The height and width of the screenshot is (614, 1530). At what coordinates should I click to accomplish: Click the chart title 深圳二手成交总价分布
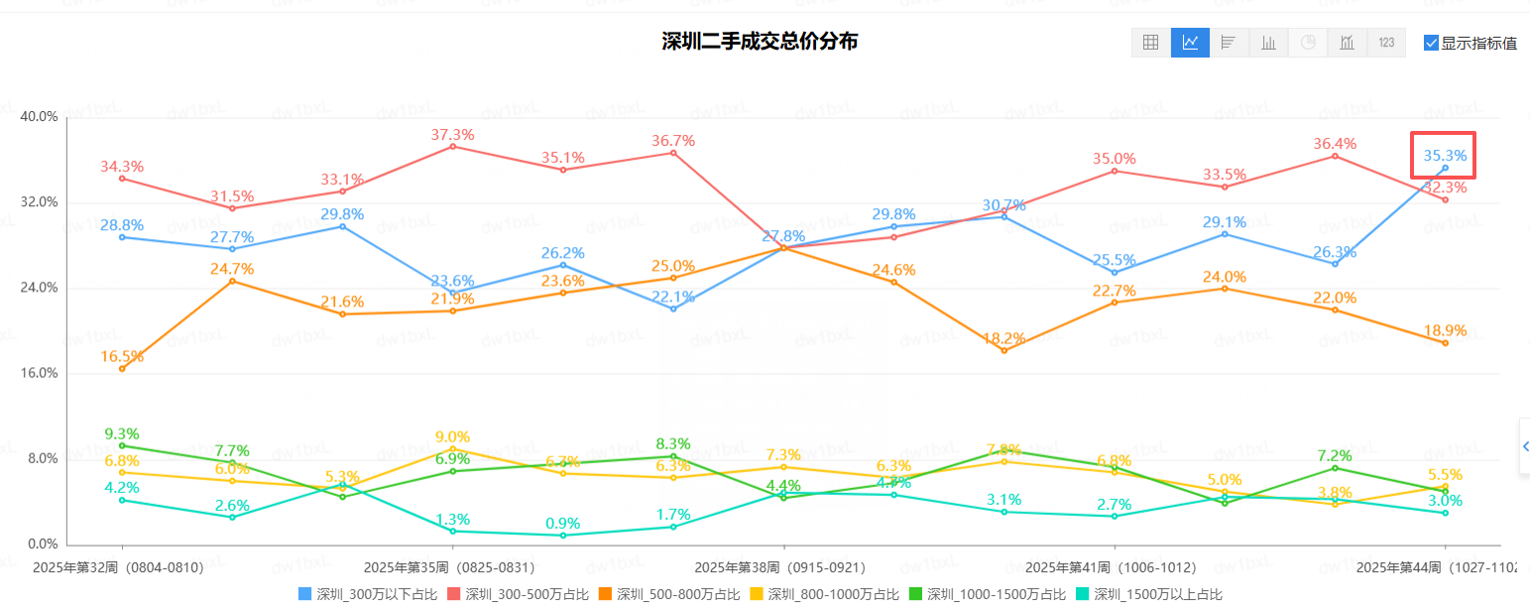[x=760, y=42]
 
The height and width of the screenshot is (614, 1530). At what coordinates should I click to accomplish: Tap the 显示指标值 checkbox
[x=1431, y=43]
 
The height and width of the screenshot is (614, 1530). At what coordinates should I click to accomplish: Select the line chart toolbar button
[x=1190, y=43]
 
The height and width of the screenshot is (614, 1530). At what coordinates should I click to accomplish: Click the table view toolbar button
[x=1151, y=43]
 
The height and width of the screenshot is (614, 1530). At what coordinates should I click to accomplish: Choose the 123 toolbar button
[x=1386, y=43]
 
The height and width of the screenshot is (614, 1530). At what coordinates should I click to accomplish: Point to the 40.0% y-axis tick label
[x=40, y=117]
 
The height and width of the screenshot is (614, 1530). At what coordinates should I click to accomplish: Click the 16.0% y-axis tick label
[x=40, y=374]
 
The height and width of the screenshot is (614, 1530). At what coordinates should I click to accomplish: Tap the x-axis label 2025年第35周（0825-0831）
[x=449, y=568]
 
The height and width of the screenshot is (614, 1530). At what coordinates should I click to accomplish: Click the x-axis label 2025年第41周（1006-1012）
[x=1111, y=568]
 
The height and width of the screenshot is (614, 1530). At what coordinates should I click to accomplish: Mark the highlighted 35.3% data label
[x=1445, y=156]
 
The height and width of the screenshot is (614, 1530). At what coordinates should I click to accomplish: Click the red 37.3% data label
[x=452, y=135]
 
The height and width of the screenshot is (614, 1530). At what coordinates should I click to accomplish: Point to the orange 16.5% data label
[x=122, y=357]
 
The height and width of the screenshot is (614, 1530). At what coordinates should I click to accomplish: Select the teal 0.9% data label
[x=562, y=524]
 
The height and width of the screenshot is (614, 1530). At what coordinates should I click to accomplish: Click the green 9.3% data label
[x=122, y=434]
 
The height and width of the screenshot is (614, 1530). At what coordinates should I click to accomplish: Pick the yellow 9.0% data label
[x=452, y=437]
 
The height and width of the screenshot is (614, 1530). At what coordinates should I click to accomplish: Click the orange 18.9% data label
[x=1445, y=330]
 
